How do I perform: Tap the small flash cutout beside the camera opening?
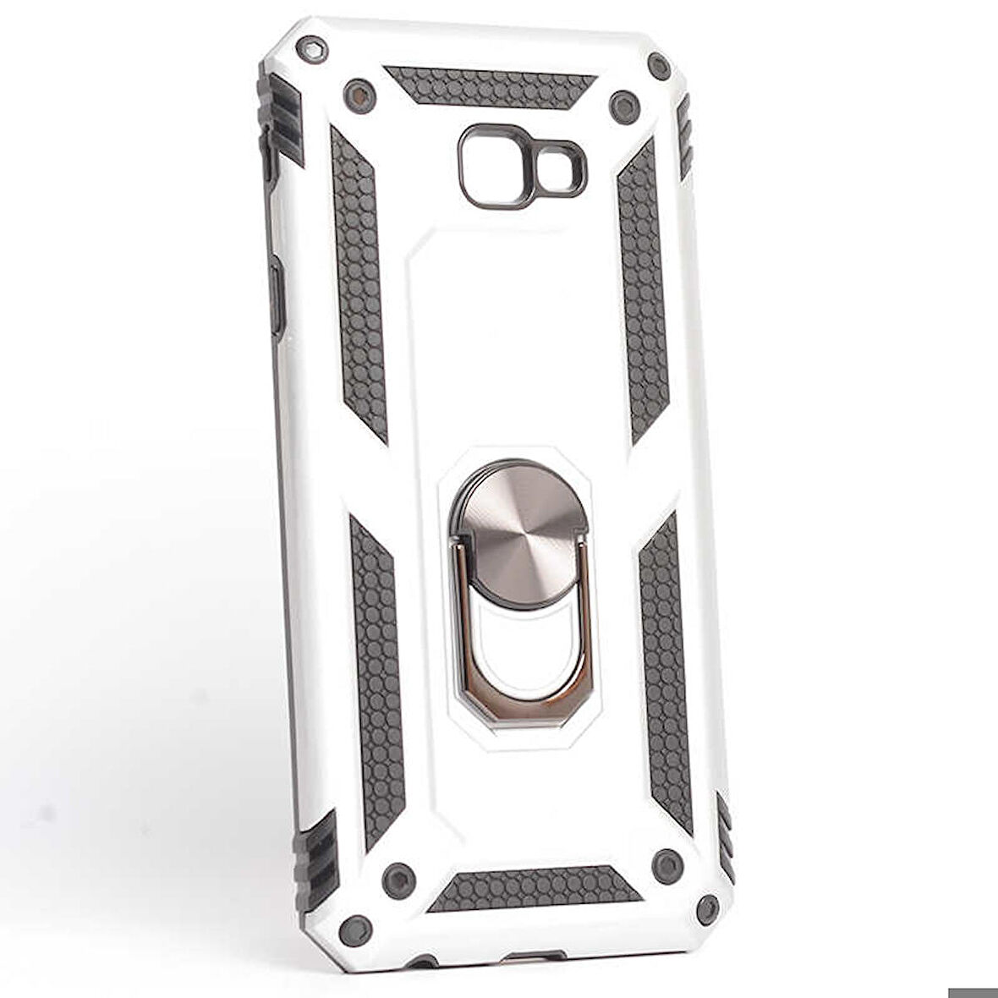pyautogui.click(x=559, y=167)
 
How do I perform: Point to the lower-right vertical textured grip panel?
pyautogui.click(x=666, y=668)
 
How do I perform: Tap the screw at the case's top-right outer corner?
pyautogui.click(x=659, y=65)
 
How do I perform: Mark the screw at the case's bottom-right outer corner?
pyautogui.click(x=707, y=909)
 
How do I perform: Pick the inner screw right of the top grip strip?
pyautogui.click(x=623, y=106)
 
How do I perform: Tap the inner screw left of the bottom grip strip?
pyautogui.click(x=398, y=880)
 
